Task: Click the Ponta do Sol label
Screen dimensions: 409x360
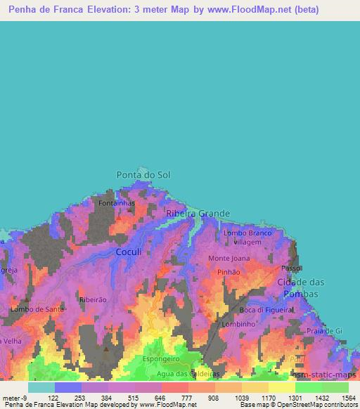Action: coord(143,174)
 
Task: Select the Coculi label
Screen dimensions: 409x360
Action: coord(129,252)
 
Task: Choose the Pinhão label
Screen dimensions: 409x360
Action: coord(229,271)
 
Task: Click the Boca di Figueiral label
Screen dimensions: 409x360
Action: coord(266,310)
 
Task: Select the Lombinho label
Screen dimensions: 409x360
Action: coord(238,324)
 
